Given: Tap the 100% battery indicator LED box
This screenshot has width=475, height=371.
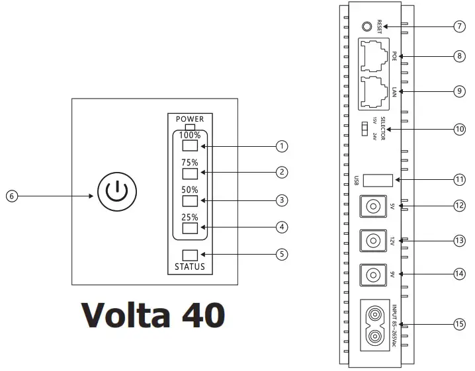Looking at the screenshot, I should click(x=191, y=145).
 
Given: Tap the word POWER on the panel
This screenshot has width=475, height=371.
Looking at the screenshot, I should click(x=190, y=119).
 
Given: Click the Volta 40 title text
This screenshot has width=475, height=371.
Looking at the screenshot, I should click(x=153, y=315).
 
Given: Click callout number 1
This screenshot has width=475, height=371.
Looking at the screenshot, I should click(x=283, y=145).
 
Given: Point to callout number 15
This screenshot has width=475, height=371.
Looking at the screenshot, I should click(x=460, y=325).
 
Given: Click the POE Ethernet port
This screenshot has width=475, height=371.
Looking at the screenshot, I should click(x=374, y=56).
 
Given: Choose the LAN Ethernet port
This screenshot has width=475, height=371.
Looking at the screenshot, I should click(x=374, y=92).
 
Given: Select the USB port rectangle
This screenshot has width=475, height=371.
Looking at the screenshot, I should click(x=380, y=179).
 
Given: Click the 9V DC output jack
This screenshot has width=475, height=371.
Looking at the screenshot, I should click(x=372, y=274).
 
